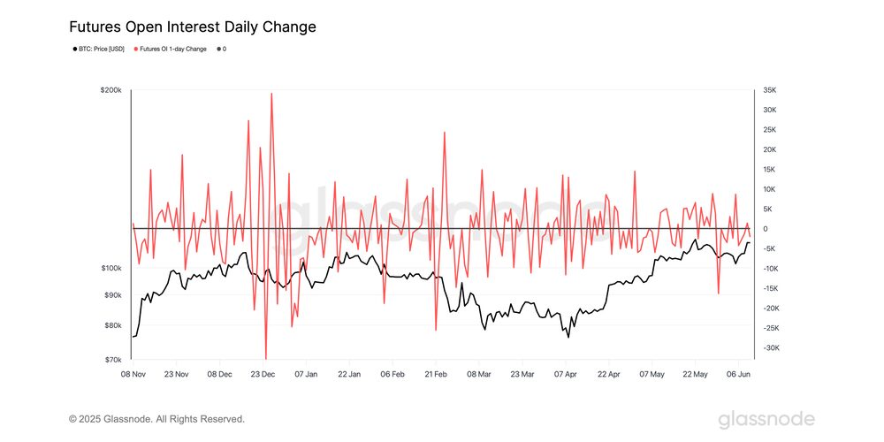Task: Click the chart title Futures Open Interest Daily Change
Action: click(192, 27)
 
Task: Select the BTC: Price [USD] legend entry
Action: click(99, 49)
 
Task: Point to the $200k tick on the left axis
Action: click(112, 90)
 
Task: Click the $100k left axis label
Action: click(112, 268)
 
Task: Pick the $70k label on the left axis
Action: click(114, 360)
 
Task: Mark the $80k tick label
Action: click(114, 325)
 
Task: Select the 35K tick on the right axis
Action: click(769, 90)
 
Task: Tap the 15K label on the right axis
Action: click(769, 169)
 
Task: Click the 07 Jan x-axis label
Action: click(306, 374)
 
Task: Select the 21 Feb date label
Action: click(436, 374)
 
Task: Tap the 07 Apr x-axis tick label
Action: click(566, 374)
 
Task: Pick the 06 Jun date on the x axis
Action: click(739, 374)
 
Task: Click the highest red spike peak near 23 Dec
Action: click(271, 94)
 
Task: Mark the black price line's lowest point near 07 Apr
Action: click(568, 337)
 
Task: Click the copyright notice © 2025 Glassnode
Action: click(156, 419)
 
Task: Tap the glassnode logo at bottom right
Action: click(766, 418)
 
